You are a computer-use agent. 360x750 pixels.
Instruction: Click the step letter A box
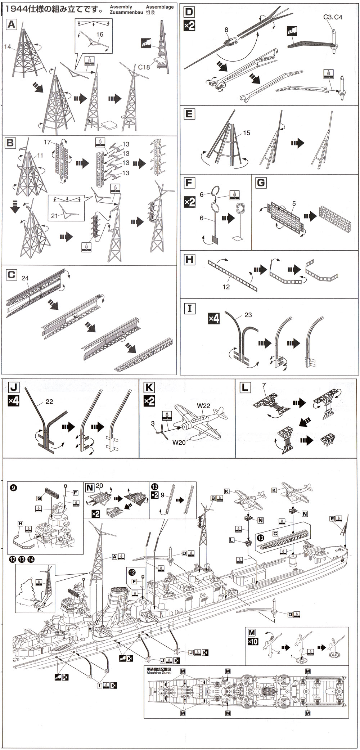(x=12, y=24)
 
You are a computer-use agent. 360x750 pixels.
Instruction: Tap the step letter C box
(x=12, y=275)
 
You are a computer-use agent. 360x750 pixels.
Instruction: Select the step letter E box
(x=189, y=114)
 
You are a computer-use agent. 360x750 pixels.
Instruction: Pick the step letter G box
(x=261, y=183)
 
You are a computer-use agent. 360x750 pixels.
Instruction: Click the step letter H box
(x=189, y=259)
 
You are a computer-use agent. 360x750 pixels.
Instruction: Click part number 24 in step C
(x=25, y=278)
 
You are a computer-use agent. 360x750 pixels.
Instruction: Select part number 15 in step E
(x=246, y=133)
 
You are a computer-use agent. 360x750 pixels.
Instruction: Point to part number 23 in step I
(x=248, y=315)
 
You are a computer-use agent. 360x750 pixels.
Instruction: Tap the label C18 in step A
(x=144, y=66)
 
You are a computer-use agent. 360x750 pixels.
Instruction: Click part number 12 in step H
(x=226, y=287)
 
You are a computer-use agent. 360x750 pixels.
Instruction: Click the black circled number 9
(x=13, y=488)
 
